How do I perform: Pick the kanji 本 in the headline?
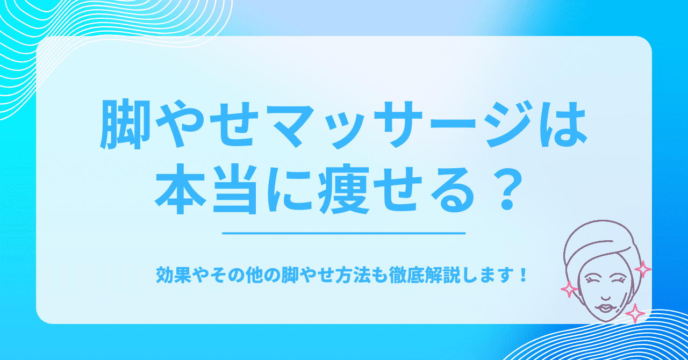click(x=180, y=190)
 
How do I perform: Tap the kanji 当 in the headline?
click(x=234, y=190)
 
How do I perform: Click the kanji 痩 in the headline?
click(x=343, y=190)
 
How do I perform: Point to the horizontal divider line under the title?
click(x=343, y=233)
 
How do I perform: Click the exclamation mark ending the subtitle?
click(x=522, y=276)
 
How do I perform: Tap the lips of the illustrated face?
click(x=604, y=307)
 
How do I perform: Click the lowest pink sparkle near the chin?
click(x=635, y=313)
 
